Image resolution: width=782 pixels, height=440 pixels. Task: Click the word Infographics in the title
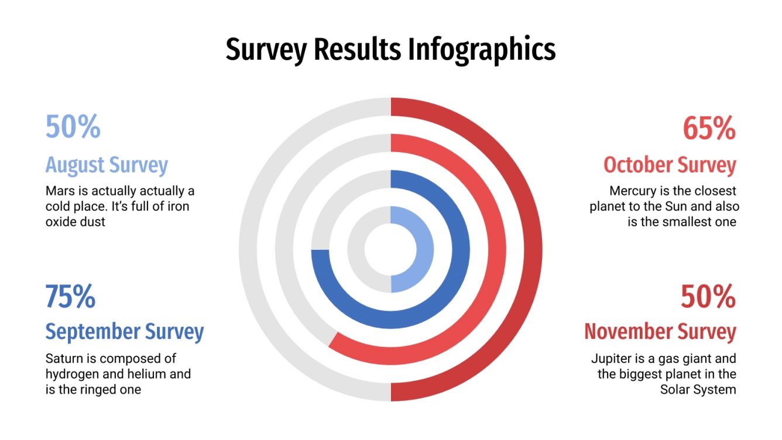(x=481, y=49)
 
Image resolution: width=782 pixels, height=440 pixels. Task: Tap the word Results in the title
(x=357, y=49)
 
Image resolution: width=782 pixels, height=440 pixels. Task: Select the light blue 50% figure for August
(x=73, y=126)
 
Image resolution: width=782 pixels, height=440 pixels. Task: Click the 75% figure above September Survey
(x=70, y=297)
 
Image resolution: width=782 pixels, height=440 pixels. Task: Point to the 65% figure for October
(x=709, y=129)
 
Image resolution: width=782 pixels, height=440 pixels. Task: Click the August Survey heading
(x=107, y=165)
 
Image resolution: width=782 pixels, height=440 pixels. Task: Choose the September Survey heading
(x=125, y=331)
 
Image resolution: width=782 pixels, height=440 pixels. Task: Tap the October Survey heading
(x=670, y=165)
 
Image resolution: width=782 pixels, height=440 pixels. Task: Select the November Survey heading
(x=660, y=332)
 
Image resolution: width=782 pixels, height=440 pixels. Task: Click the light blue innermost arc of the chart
(x=424, y=249)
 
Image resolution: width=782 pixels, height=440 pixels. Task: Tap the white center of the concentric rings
(x=390, y=249)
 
